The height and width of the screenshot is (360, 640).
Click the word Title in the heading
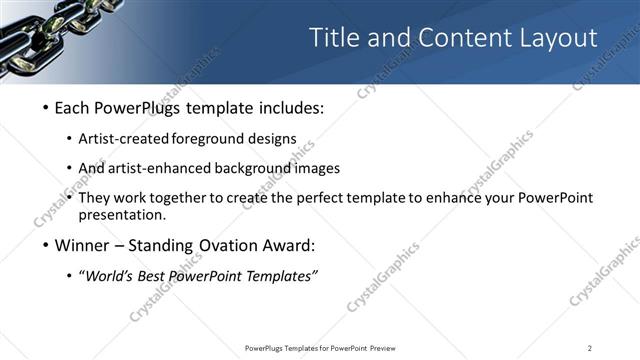[x=332, y=38]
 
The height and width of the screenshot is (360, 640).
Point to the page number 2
[x=589, y=348]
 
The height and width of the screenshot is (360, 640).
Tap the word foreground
[x=224, y=138]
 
